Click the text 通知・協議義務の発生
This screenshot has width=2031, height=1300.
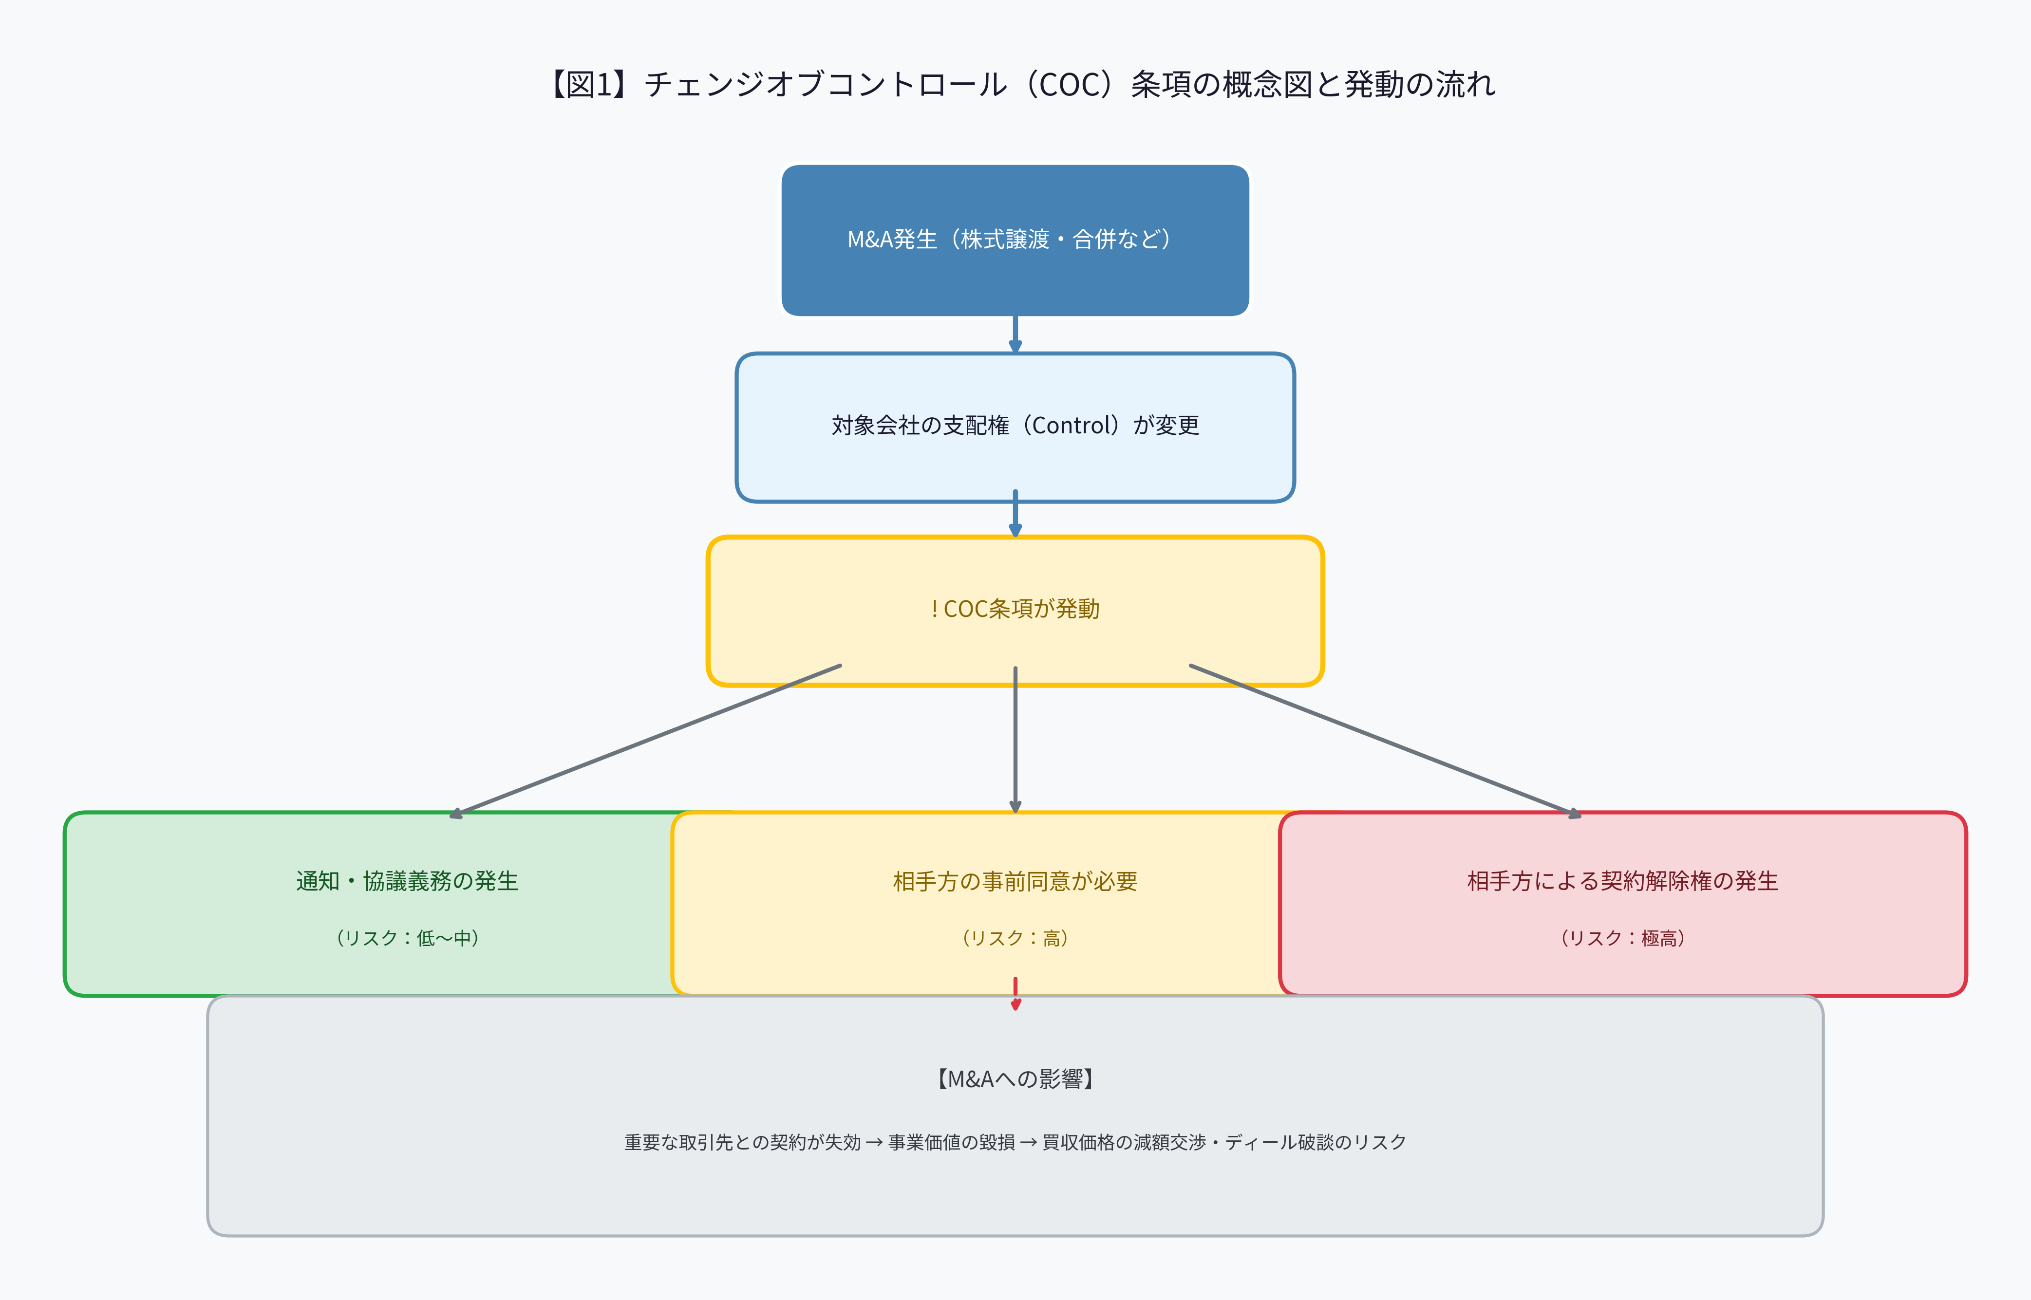click(407, 881)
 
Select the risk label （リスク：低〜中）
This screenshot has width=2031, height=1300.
click(407, 938)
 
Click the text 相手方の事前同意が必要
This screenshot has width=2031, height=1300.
click(1015, 881)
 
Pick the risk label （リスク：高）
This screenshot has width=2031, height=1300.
click(1015, 938)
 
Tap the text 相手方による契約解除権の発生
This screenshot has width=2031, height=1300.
click(1622, 881)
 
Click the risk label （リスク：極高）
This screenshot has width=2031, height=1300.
click(1622, 938)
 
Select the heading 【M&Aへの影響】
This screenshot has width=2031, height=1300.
click(1015, 1079)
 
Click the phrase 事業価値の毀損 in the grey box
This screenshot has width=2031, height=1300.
click(952, 1142)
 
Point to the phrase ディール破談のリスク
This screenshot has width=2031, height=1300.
click(1316, 1142)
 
